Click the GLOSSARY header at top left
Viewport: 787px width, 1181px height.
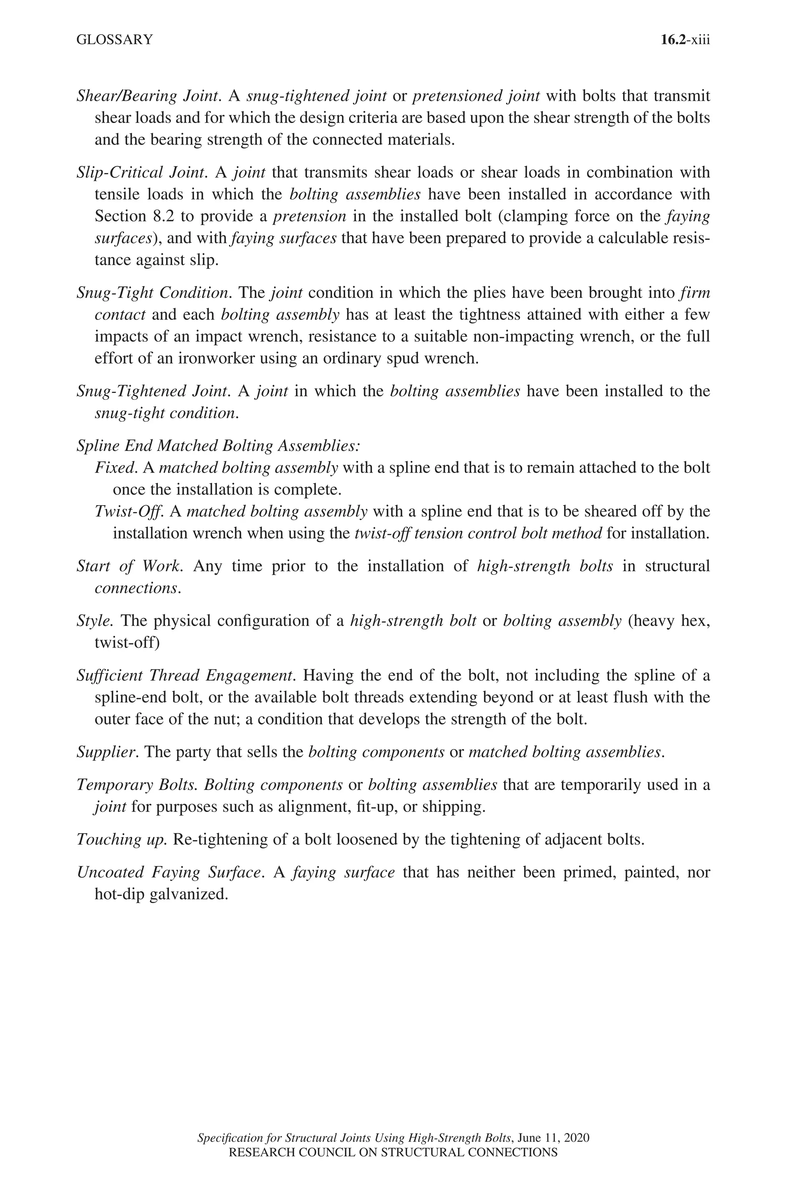115,40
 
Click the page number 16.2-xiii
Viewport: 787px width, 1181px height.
685,40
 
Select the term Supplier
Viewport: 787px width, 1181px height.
107,752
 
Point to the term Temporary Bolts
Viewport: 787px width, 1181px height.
138,784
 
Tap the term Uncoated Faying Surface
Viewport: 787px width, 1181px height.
169,872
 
